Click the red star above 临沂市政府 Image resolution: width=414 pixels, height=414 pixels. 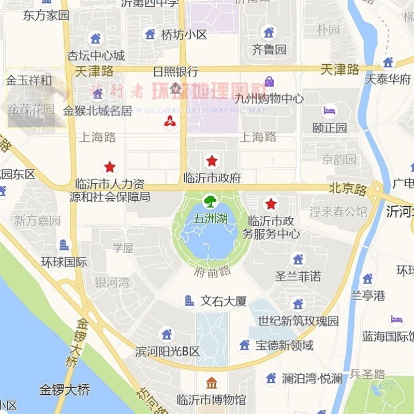pos(212,160)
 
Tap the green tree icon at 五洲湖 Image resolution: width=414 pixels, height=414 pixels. pos(210,201)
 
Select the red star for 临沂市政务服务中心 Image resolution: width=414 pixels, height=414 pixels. pos(271,203)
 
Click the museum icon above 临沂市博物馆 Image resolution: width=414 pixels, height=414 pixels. pos(212,383)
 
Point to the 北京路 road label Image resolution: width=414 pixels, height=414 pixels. pos(347,189)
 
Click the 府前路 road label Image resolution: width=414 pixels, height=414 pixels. pos(213,271)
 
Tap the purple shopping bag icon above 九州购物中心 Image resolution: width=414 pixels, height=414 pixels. pos(269,81)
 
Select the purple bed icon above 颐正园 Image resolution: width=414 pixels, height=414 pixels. pos(330,110)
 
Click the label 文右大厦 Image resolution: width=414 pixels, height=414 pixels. pos(224,301)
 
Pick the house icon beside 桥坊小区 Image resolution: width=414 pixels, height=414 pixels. pos(150,34)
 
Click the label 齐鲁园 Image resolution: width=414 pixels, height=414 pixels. pos(269,50)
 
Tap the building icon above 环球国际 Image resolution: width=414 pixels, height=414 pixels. pos(64,245)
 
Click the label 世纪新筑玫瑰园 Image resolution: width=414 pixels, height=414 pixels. pos(298,321)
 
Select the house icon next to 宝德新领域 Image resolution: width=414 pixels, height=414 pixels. pos(244,345)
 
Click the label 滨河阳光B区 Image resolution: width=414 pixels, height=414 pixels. pos(167,352)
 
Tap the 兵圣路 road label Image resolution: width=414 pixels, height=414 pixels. pos(367,374)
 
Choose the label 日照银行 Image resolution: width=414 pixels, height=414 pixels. pos(175,71)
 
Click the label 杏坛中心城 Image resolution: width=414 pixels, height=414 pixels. pos(96,55)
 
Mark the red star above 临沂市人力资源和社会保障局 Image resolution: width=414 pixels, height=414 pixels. pos(110,167)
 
